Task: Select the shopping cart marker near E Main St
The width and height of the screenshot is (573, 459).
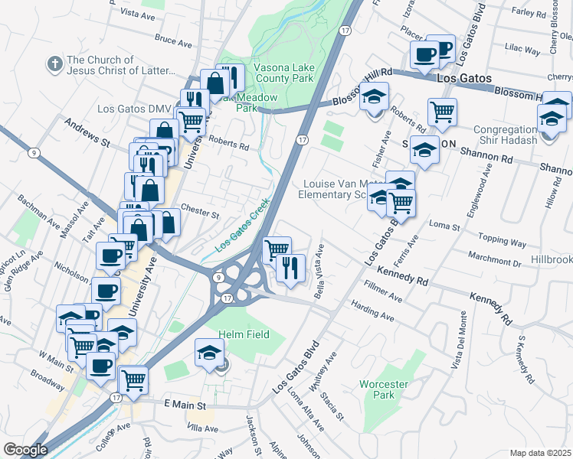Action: (133, 379)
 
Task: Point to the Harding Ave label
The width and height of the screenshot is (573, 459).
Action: (372, 313)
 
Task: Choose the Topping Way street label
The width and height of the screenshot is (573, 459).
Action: (502, 242)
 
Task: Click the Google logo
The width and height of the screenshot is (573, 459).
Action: (25, 449)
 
